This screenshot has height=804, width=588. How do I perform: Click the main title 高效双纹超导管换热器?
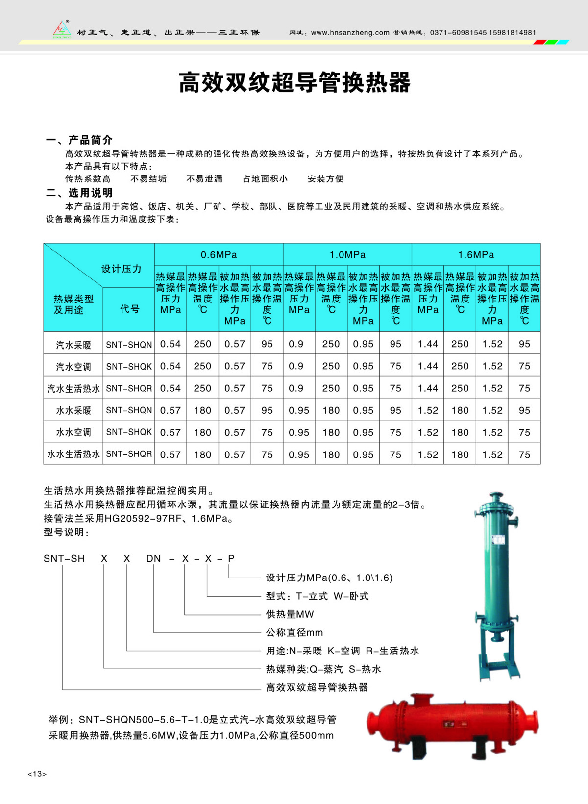[294, 82]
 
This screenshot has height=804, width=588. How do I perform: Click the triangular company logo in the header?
[62, 29]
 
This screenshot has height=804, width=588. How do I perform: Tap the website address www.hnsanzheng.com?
[350, 33]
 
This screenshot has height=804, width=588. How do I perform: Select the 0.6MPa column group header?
[219, 255]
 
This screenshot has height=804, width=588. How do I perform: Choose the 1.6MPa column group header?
[476, 255]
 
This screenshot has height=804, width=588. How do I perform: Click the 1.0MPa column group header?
[347, 255]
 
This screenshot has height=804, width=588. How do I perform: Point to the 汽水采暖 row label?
[73, 345]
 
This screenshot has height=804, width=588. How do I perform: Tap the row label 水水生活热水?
[73, 454]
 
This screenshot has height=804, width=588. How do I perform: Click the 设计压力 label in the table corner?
[121, 269]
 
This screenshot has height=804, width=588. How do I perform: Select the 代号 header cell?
[129, 309]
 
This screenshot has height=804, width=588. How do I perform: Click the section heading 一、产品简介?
[79, 140]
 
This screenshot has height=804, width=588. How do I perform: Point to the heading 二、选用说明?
[79, 193]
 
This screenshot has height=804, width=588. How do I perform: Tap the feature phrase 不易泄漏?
[204, 179]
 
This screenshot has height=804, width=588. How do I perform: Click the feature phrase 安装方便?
[325, 179]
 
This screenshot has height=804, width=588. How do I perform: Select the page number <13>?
[37, 774]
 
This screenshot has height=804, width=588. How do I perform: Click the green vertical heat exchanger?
[496, 583]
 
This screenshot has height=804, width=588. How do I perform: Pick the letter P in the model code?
[231, 558]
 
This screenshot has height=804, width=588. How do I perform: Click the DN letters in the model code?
[153, 558]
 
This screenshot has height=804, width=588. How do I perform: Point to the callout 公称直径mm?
[294, 632]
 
